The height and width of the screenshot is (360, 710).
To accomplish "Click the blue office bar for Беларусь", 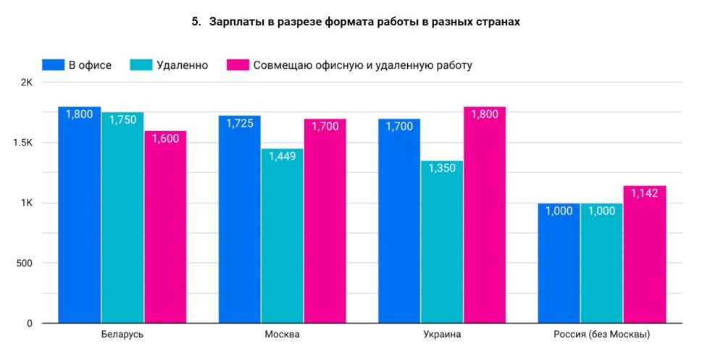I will (x=80, y=217).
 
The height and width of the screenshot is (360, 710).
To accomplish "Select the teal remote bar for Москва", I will (x=283, y=239).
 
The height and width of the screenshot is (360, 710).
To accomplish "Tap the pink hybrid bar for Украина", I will (x=485, y=217).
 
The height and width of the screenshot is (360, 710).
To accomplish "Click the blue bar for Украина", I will (x=399, y=225).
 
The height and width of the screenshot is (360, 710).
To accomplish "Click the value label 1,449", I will (x=283, y=156).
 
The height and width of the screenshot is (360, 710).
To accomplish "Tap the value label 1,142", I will (x=644, y=193).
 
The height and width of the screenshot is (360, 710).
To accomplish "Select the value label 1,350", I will (x=442, y=169).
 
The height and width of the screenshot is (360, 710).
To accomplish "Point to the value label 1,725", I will (x=240, y=124).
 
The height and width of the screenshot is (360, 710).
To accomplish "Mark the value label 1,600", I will (x=165, y=138).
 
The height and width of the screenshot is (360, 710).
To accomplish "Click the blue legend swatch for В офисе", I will (x=54, y=64).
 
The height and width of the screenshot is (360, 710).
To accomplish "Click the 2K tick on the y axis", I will (x=26, y=83).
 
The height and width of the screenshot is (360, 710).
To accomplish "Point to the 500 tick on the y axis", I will (x=25, y=263).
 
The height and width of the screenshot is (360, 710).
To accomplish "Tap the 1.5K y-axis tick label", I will (x=22, y=143).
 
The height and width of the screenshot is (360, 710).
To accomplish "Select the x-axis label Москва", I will (x=283, y=335).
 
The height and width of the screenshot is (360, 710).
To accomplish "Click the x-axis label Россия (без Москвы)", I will (x=601, y=335).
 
